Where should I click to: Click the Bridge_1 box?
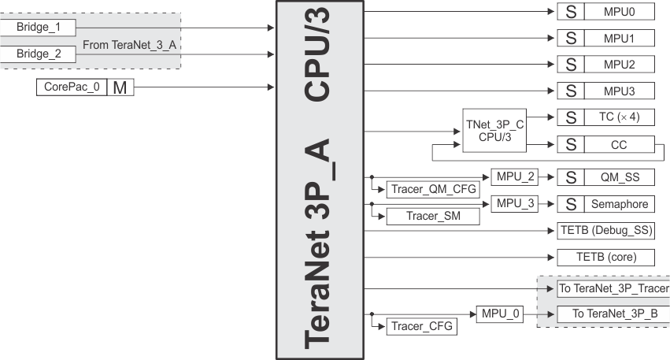point(38,27)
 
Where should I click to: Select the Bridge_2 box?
point(38,54)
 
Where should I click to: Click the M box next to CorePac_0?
point(120,87)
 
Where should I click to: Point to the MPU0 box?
point(619,13)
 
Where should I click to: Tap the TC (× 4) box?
point(619,117)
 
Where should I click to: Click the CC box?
point(619,144)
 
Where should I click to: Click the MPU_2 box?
point(516,176)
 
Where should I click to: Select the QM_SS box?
point(619,177)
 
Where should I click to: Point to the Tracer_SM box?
point(432,217)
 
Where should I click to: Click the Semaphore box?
point(619,204)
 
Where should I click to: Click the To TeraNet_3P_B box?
point(610,314)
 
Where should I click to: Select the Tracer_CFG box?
point(422,325)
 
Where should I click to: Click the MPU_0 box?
point(499,314)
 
